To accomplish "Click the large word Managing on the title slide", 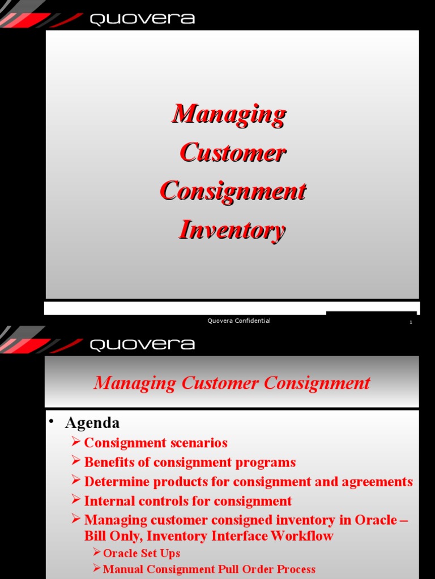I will point(229,114).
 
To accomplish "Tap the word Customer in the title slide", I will point(233,153).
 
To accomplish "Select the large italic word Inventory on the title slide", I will point(232,230).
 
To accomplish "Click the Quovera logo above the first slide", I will point(142,19).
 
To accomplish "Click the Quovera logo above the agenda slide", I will point(142,344).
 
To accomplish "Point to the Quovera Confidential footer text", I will point(239,321).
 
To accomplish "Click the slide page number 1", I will point(411,322).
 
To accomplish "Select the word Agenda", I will point(92,423).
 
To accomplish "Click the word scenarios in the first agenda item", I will point(199,443).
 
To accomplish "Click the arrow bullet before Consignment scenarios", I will point(76,442).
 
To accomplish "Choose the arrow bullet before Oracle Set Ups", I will point(96,552).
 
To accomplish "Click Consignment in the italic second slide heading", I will point(317,383).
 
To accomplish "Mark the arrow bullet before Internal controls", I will point(76,500).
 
